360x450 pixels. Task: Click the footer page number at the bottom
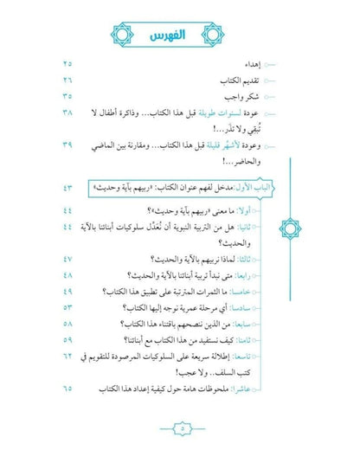point(180,426)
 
